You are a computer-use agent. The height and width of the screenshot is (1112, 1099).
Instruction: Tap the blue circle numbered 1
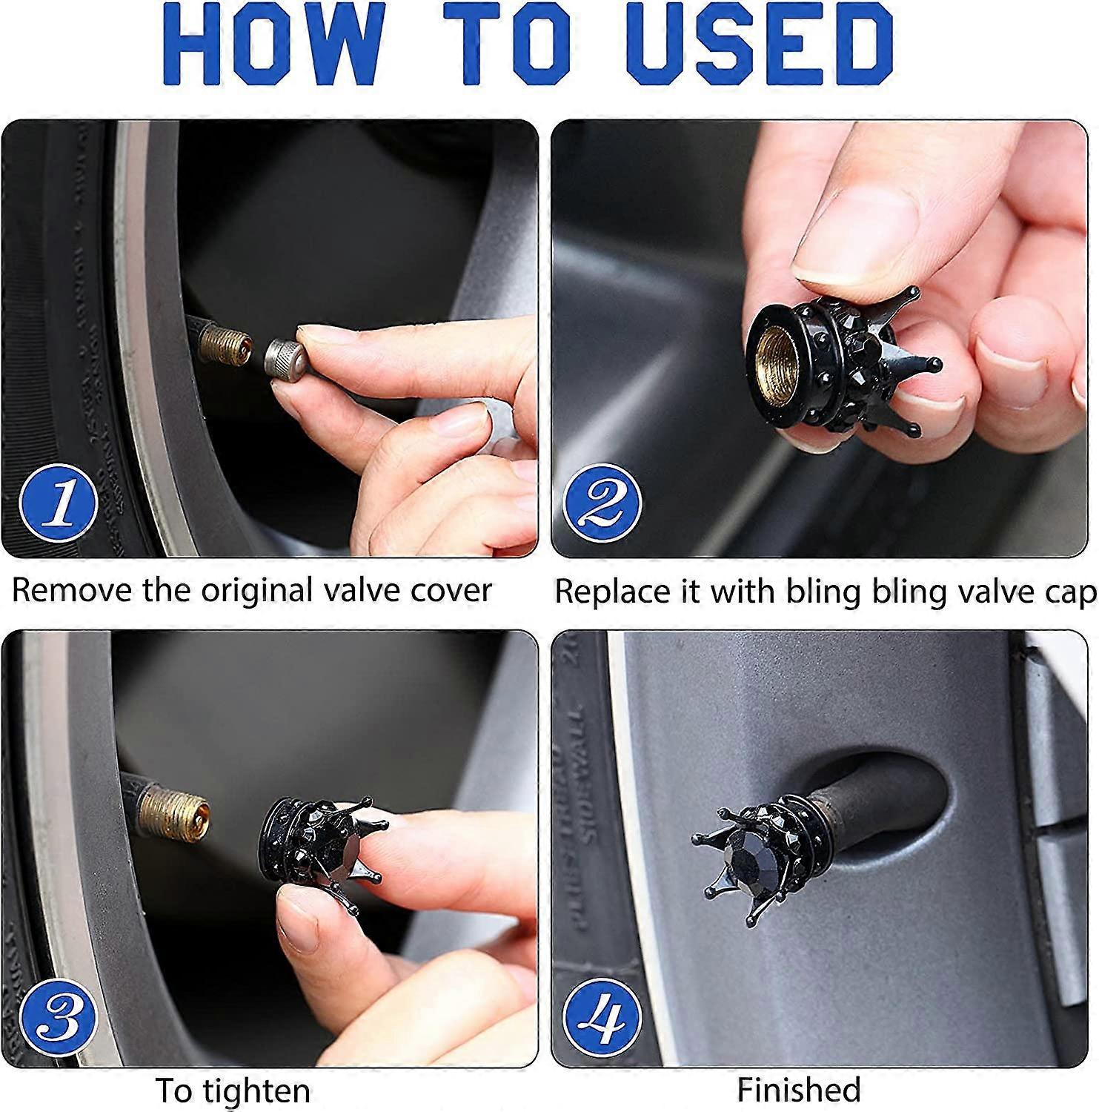[59, 503]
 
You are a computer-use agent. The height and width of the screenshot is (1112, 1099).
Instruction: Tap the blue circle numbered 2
[602, 503]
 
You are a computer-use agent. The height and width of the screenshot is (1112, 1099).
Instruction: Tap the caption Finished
[798, 1091]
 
